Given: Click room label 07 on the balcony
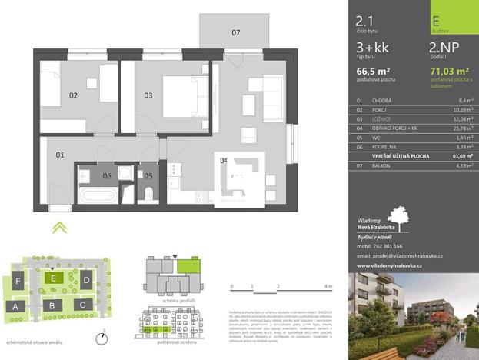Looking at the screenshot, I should (x=236, y=33).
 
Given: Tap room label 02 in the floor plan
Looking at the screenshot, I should (x=74, y=96).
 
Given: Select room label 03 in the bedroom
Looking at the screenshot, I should (x=148, y=96).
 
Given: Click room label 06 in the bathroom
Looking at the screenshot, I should (x=107, y=176).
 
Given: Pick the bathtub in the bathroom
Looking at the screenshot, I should (x=99, y=195).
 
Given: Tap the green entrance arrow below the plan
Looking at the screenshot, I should (x=59, y=227).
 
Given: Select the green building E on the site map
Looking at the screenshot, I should (x=53, y=278).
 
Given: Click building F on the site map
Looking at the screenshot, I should (x=17, y=282).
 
